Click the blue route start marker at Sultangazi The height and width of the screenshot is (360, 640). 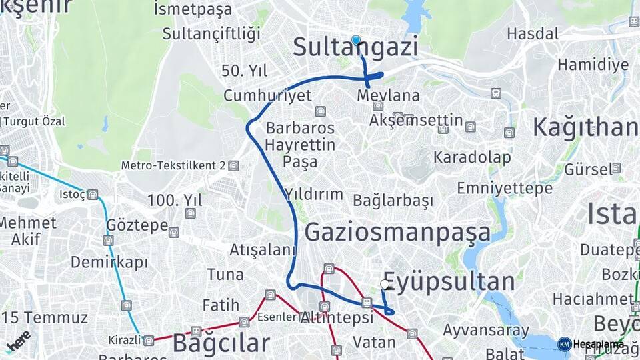click(356, 40)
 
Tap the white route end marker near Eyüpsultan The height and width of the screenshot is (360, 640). click(385, 284)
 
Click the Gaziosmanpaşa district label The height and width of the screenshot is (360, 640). click(397, 232)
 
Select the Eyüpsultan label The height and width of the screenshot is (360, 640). click(449, 281)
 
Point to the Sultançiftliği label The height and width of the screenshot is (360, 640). click(211, 33)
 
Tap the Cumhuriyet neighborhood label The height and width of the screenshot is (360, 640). click(267, 95)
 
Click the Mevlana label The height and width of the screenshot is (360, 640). click(388, 95)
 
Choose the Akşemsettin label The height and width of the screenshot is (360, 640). click(416, 120)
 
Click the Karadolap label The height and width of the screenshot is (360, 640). click(472, 157)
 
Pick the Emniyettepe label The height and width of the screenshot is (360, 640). click(505, 188)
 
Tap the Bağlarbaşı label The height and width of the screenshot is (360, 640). click(393, 200)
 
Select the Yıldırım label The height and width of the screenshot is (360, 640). click(313, 195)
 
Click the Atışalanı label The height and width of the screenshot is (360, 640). click(262, 250)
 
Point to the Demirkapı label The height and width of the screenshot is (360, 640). click(109, 261)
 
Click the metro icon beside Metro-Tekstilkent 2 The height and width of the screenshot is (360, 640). click(233, 165)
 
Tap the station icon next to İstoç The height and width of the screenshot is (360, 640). click(93, 195)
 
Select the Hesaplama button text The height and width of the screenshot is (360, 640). click(598, 344)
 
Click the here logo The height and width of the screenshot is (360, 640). click(18, 340)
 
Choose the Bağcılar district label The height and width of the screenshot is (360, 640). click(221, 343)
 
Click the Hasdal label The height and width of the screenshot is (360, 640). click(533, 33)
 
